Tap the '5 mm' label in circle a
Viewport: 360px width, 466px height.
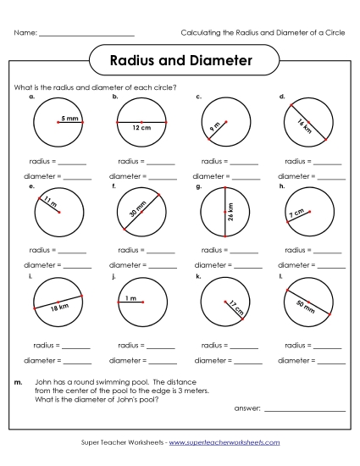point(69,119)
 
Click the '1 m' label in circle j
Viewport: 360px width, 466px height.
point(131,298)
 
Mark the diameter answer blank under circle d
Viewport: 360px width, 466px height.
point(331,179)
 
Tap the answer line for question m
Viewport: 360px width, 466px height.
point(304,410)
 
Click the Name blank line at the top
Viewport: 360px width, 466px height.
point(86,35)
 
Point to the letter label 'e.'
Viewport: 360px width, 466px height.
point(31,185)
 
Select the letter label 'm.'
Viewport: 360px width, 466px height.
point(19,382)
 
